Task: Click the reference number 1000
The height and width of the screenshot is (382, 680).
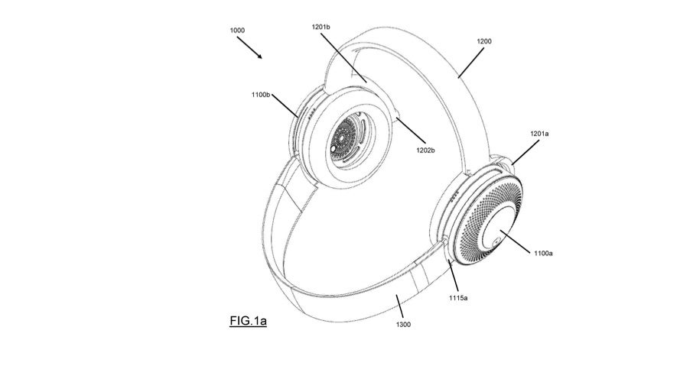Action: coord(237,31)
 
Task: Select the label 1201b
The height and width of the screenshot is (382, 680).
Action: coord(320,27)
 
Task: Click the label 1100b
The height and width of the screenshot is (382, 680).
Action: coord(260,95)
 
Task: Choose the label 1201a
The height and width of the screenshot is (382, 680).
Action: coord(538,134)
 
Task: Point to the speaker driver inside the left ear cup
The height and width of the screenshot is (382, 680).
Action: coord(344,140)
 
